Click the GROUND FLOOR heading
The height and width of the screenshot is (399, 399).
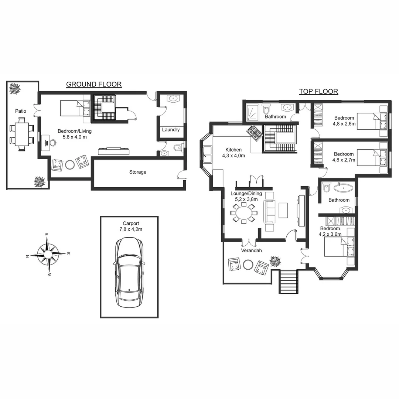tap(94, 84)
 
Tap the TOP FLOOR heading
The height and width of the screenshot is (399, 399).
tap(318, 91)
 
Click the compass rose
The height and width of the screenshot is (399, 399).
tap(48, 255)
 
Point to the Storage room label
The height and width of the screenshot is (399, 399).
tap(137, 172)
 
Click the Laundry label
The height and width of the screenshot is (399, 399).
tap(171, 130)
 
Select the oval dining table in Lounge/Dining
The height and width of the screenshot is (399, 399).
tap(243, 214)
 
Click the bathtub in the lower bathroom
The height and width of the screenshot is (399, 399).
tap(343, 188)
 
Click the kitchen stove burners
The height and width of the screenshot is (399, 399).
tap(255, 133)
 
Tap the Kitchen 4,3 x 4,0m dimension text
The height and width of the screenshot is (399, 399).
tap(233, 156)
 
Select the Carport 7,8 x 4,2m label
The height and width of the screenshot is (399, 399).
tap(131, 226)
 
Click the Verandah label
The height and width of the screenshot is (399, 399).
tap(251, 250)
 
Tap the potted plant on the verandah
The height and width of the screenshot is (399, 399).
tap(275, 261)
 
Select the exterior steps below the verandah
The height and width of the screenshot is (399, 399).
tap(288, 282)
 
